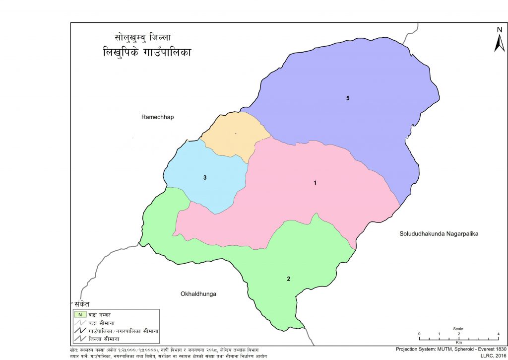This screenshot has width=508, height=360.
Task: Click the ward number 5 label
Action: (348, 98)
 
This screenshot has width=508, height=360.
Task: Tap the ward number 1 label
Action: (315, 183)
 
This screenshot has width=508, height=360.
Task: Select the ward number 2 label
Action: (288, 279)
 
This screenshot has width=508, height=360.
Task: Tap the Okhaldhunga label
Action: (198, 294)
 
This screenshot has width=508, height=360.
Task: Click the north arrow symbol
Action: (499, 44)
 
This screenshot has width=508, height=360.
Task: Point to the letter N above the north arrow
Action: (500, 30)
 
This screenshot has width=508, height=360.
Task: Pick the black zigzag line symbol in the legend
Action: (79, 331)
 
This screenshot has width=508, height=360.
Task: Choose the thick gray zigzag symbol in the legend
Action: (79, 339)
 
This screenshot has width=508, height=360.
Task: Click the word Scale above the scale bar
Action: (458, 329)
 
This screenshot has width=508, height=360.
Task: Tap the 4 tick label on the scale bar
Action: (498, 334)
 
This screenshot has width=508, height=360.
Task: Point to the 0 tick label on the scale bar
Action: (419, 334)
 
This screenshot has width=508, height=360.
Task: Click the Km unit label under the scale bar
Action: (459, 343)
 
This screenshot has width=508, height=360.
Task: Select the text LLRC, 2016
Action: (492, 356)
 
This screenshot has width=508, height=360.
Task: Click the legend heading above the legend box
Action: (79, 303)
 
